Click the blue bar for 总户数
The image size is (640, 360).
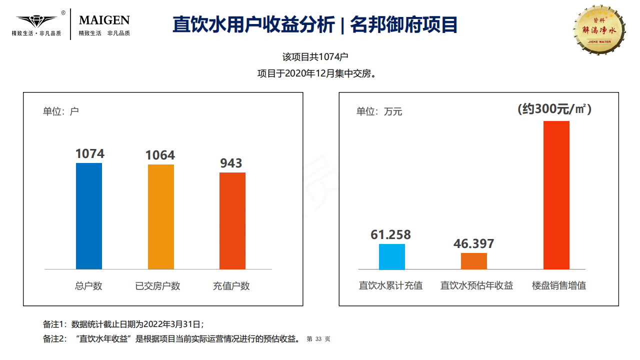(x=89, y=216)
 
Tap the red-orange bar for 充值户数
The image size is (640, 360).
(x=232, y=220)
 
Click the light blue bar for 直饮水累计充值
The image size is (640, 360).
(x=391, y=256)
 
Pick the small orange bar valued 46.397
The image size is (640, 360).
(x=473, y=261)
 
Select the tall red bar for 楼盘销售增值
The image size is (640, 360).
(x=556, y=195)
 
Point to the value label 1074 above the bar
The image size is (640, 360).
(x=90, y=153)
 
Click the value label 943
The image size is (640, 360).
(x=231, y=163)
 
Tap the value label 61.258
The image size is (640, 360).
(x=390, y=234)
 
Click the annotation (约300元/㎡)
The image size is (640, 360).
(x=554, y=108)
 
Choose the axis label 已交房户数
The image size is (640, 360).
(x=157, y=286)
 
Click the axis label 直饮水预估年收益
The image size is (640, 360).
(x=476, y=285)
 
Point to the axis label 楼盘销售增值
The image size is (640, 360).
(x=558, y=285)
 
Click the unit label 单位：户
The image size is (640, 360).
(x=60, y=111)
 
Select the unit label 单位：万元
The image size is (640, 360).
(x=378, y=111)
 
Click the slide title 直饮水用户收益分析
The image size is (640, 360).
(x=253, y=24)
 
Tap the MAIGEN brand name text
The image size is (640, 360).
(x=104, y=20)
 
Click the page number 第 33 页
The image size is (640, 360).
(x=318, y=339)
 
